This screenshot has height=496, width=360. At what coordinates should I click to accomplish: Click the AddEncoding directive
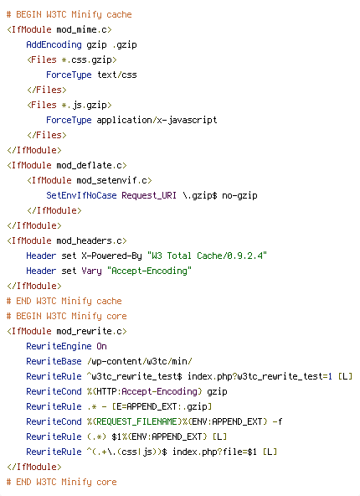pos(54,45)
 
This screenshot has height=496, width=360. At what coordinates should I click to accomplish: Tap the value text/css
pos(117,75)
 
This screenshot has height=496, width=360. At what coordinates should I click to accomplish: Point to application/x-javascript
pos(157,121)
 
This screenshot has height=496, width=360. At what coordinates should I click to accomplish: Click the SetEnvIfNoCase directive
pos(81,195)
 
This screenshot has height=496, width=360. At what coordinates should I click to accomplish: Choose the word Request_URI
pos(149,195)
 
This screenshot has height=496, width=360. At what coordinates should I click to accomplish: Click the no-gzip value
pos(239,196)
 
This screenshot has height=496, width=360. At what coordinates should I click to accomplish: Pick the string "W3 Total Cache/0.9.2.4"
pos(207,256)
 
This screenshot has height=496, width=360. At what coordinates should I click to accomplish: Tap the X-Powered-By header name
pos(111,256)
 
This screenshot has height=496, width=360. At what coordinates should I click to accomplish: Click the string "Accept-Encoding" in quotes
pos(149,271)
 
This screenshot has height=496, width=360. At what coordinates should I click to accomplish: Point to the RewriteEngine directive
pos(59,346)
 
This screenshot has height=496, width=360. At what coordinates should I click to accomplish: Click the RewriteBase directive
pos(54,361)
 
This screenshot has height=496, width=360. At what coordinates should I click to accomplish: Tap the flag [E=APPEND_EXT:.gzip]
pos(162,406)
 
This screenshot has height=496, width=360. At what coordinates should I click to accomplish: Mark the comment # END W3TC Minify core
pos(62,482)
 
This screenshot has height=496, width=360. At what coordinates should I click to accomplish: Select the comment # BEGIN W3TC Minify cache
pos(69,15)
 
